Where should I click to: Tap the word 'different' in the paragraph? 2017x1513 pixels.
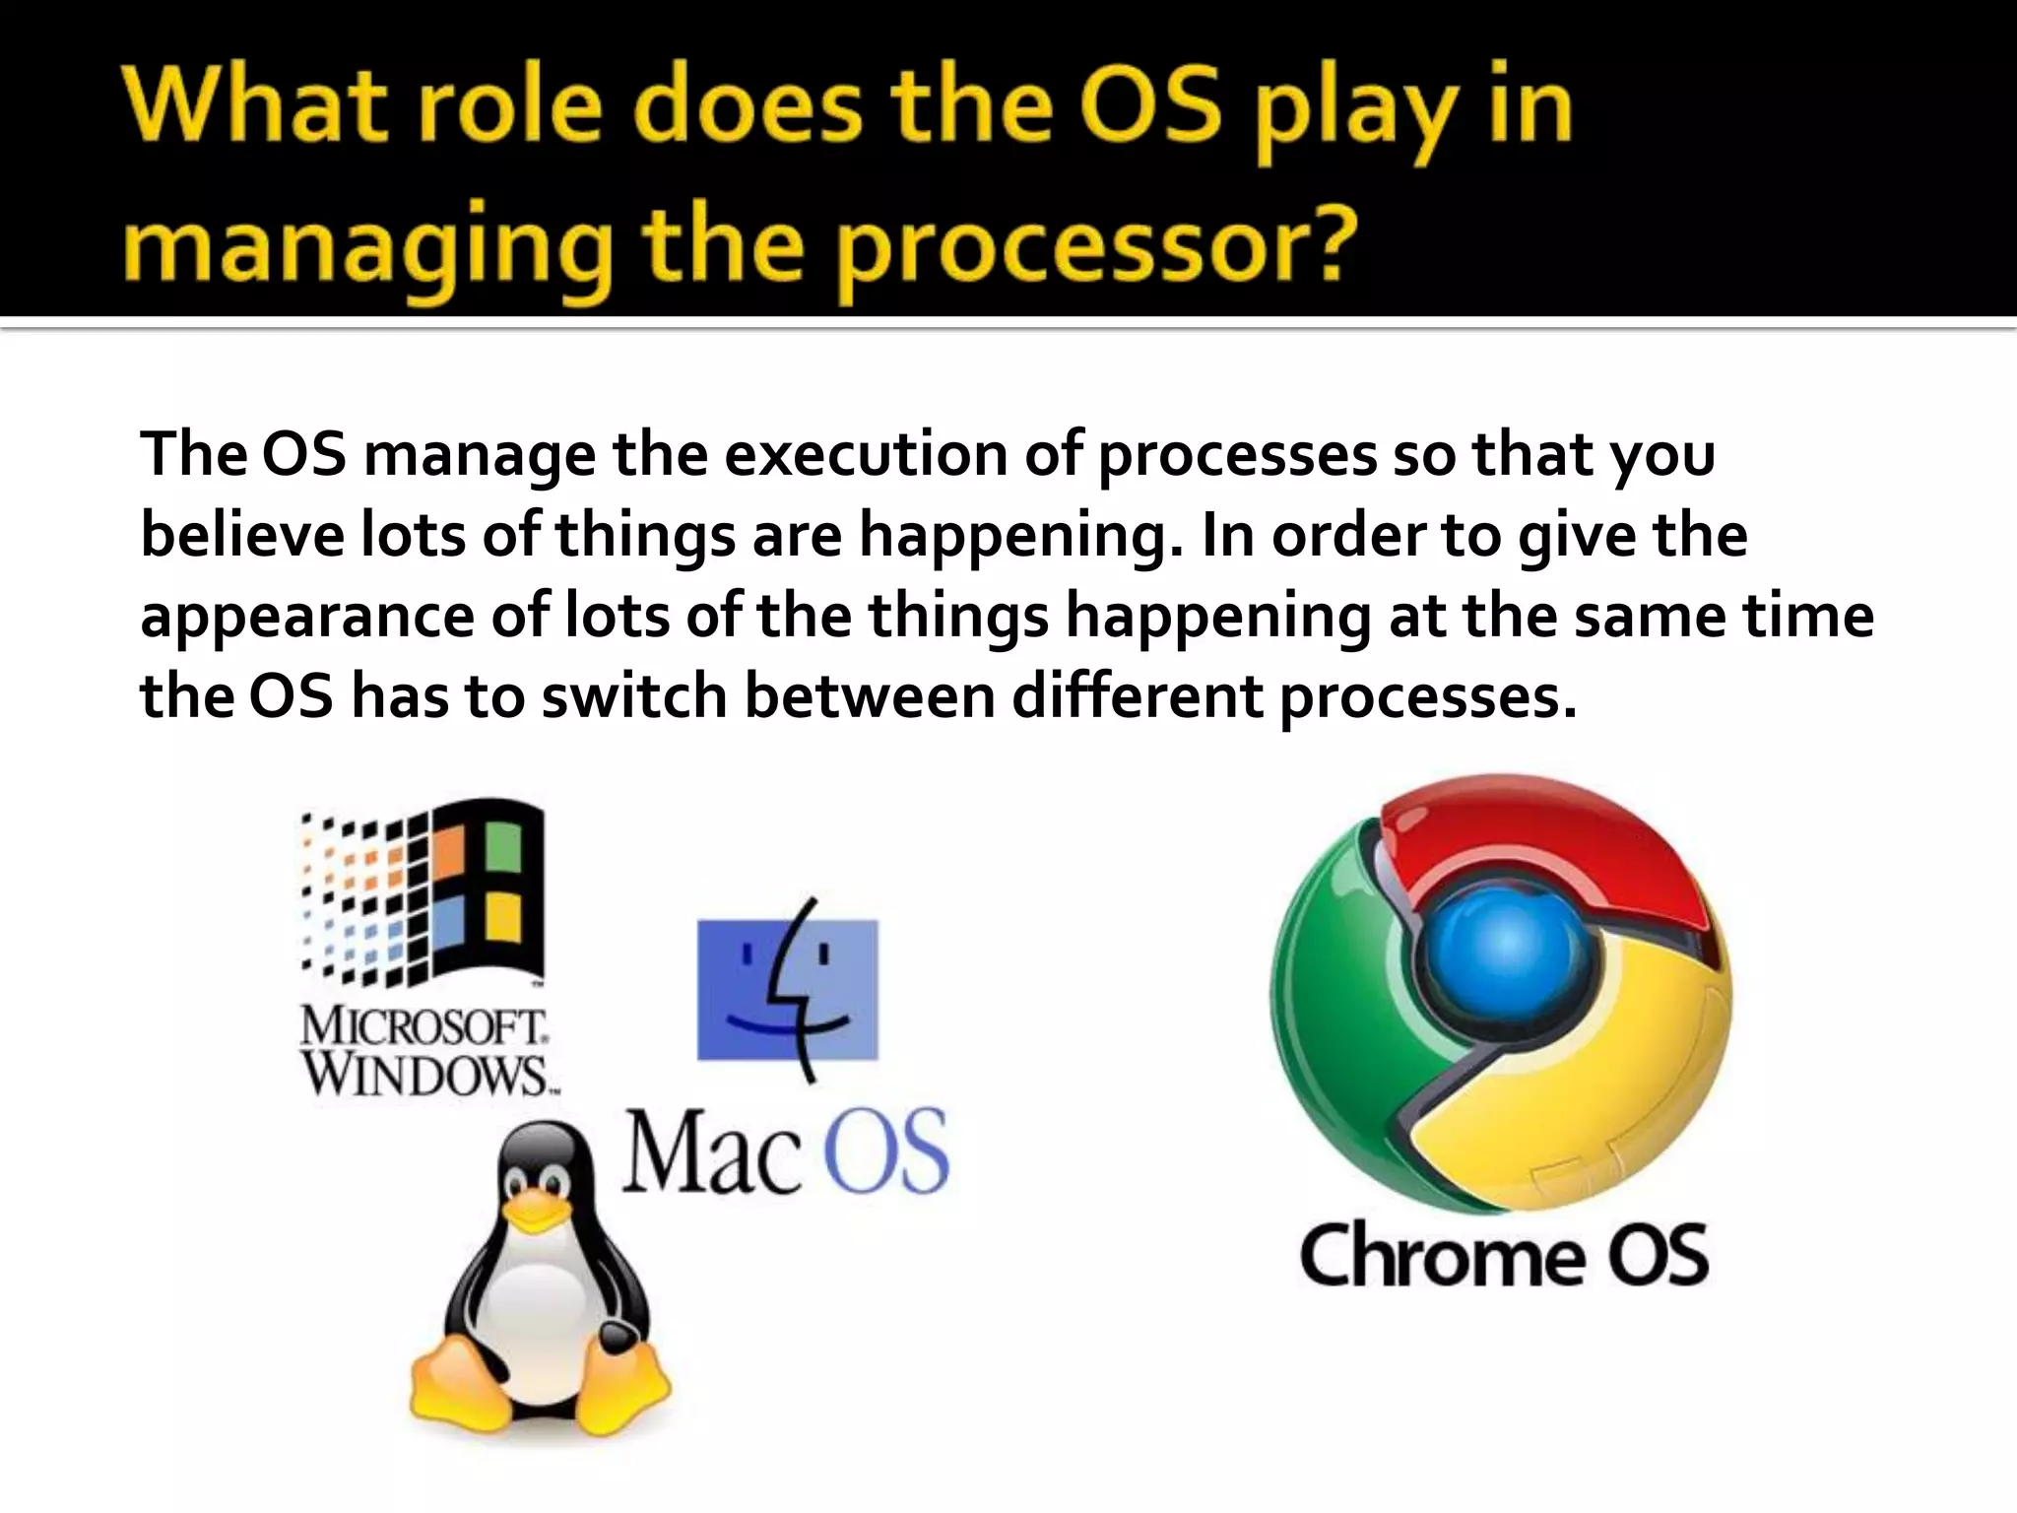(1138, 697)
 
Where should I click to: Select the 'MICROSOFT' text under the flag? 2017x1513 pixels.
(423, 1027)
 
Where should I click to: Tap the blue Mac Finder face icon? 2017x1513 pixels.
(787, 989)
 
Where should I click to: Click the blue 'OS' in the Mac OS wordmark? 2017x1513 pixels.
(884, 1152)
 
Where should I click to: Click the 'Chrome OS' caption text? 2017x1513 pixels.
(1504, 1257)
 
